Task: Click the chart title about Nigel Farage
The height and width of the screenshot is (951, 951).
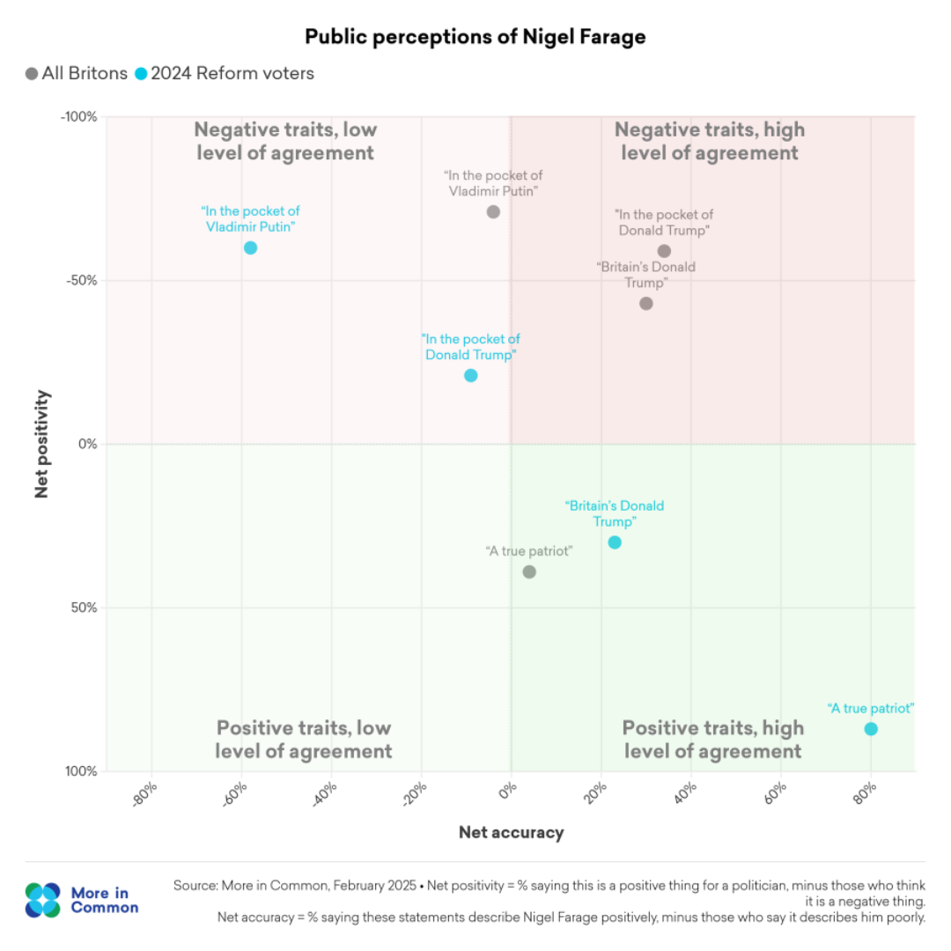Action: [x=475, y=37]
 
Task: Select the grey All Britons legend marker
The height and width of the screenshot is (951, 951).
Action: [x=32, y=74]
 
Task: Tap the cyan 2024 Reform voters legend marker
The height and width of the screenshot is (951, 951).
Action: [x=141, y=74]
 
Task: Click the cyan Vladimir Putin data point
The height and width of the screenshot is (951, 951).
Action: [x=250, y=247]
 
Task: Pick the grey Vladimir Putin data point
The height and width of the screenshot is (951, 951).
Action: [x=493, y=211]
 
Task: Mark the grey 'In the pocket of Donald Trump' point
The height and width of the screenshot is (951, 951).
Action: [x=664, y=251]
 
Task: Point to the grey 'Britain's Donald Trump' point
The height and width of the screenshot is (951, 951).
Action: [x=645, y=303]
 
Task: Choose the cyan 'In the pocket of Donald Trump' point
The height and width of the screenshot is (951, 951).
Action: [x=470, y=375]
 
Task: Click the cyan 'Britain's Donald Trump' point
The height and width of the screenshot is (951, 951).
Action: [x=615, y=542]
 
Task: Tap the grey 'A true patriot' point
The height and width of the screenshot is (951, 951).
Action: [x=529, y=571]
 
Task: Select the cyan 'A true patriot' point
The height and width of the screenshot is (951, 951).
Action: [x=871, y=729]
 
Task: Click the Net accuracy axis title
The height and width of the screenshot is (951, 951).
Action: [x=511, y=832]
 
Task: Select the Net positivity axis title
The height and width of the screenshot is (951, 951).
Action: [x=41, y=445]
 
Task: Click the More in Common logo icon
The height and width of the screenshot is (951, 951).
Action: [x=43, y=900]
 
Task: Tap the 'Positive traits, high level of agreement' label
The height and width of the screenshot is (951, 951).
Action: [x=712, y=740]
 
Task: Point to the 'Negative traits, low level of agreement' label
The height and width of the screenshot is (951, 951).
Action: [x=285, y=141]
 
